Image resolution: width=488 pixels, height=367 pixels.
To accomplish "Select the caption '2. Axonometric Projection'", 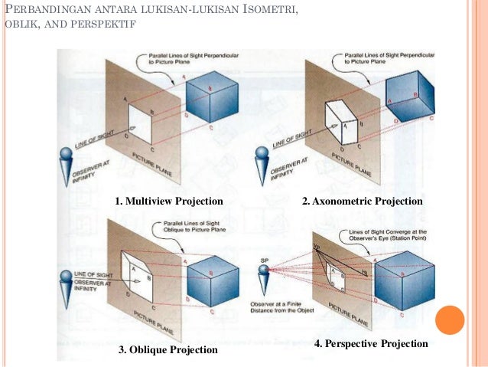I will (362, 202).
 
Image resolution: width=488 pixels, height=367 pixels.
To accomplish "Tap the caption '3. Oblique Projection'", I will (168, 350).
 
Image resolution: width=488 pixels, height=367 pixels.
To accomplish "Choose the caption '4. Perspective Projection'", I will (371, 344).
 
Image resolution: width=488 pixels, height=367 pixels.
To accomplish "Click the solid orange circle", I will (451, 319).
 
